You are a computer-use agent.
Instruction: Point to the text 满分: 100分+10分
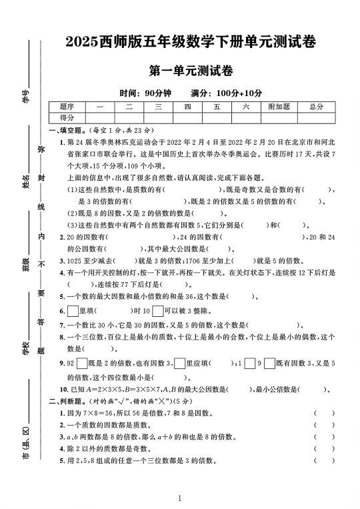click(x=226, y=93)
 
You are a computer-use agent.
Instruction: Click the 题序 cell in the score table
click(x=67, y=107)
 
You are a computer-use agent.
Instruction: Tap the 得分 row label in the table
click(x=67, y=117)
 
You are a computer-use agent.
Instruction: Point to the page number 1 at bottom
click(x=180, y=498)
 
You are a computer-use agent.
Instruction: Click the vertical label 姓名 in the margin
click(x=26, y=181)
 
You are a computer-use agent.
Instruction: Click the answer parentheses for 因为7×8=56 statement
click(x=324, y=414)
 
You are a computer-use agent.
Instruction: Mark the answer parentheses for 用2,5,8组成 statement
click(x=324, y=460)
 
